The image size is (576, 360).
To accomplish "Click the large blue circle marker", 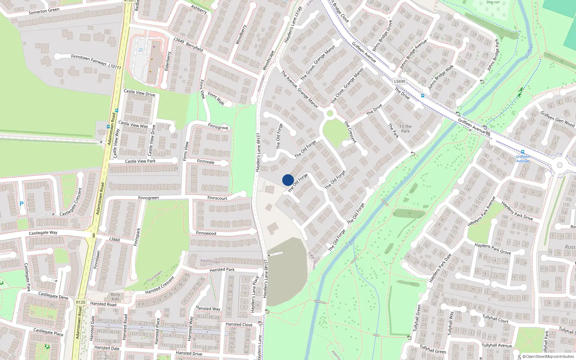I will [288, 180].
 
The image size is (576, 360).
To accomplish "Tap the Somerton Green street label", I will [44, 11].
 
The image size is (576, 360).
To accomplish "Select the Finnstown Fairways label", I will [89, 60].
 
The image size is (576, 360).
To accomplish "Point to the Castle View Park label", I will [140, 161].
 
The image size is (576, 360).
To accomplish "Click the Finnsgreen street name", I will [148, 198].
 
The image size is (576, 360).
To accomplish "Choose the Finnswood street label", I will [206, 233].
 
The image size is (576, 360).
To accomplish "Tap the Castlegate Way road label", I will [43, 233].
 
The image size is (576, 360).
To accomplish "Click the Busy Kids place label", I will [115, 297].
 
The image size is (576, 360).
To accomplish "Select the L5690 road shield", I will [399, 81].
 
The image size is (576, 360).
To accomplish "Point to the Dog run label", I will [493, 2].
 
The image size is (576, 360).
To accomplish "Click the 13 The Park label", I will [405, 129].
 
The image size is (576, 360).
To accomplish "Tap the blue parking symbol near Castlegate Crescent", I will [22, 203].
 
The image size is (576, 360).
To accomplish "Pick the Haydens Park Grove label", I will [492, 248].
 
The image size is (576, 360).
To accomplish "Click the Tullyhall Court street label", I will [495, 319].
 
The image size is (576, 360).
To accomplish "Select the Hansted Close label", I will [239, 324].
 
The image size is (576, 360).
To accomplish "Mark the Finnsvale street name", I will [206, 162].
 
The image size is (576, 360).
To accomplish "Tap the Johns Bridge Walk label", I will [441, 77].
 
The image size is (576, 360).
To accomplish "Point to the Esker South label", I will [312, 260].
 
